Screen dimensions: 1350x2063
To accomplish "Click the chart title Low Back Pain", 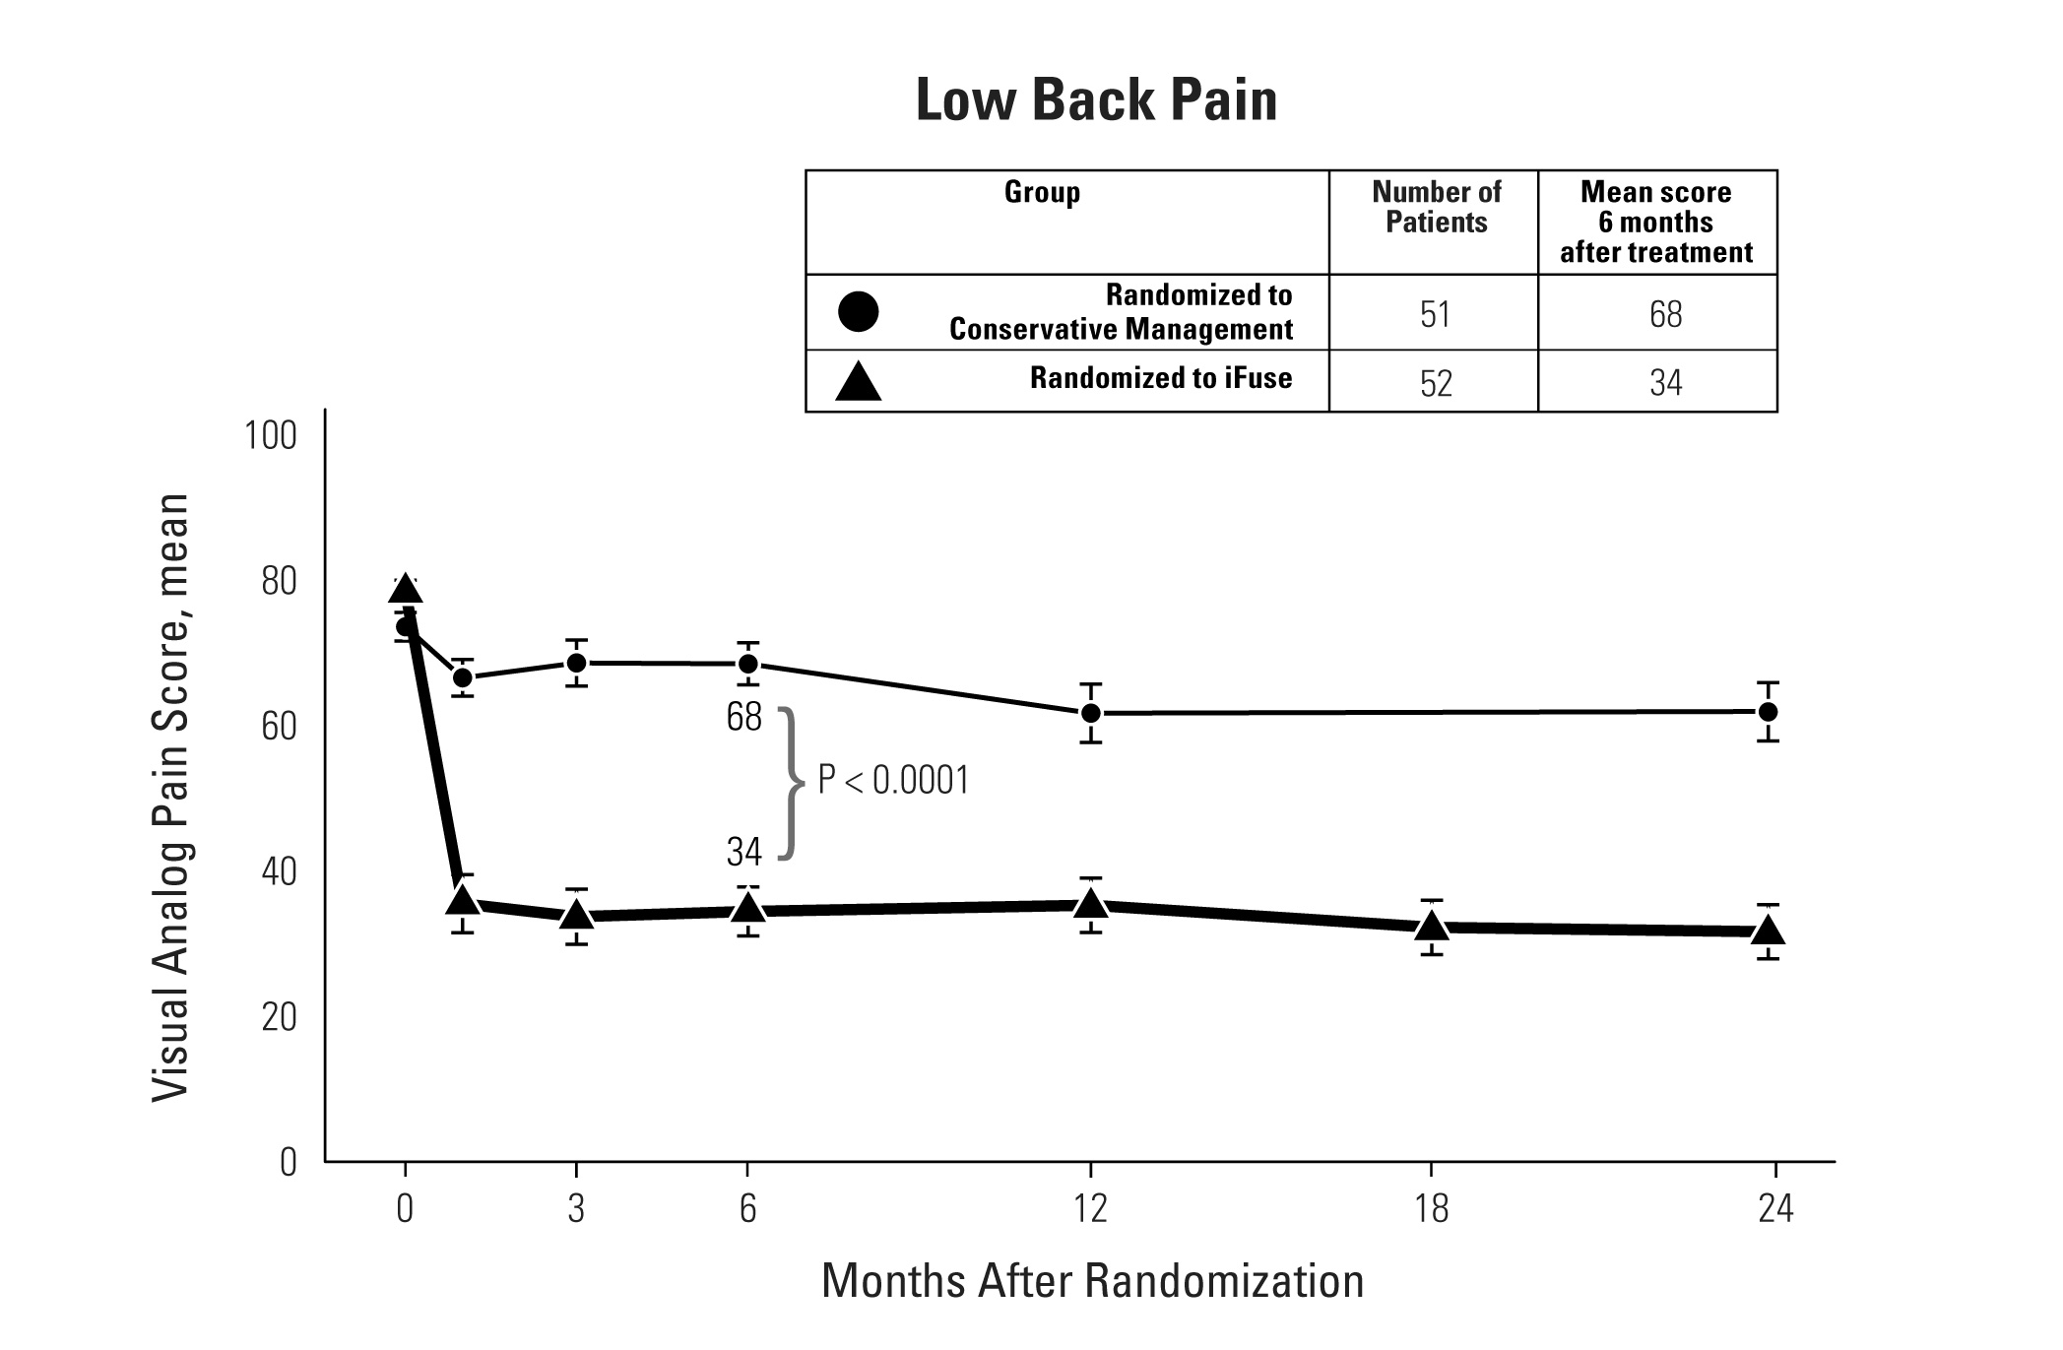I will (1096, 100).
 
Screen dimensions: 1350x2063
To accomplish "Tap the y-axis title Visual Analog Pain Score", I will (170, 798).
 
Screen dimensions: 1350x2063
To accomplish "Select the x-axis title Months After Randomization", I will (1092, 1281).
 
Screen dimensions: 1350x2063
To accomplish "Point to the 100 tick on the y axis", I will (270, 435).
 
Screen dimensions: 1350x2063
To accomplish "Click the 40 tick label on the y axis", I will (279, 871).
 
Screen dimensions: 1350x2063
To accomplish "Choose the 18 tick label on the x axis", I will (1431, 1208).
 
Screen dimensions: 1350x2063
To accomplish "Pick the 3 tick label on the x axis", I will (576, 1208).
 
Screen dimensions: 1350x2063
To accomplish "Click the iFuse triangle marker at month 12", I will (1090, 903).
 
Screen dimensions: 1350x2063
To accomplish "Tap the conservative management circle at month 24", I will (1768, 711).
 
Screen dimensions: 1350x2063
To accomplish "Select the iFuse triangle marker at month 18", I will (1432, 926).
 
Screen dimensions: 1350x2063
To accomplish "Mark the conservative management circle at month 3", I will (577, 663).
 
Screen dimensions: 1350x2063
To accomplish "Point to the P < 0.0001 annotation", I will (893, 781).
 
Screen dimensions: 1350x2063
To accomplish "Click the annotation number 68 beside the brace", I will (744, 717).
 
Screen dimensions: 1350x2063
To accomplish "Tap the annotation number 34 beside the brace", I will (744, 852).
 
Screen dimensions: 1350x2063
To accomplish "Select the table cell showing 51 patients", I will (1434, 314).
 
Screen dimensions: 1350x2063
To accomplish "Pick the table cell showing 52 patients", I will (1435, 382).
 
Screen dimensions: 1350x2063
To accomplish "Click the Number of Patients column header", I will (1436, 207).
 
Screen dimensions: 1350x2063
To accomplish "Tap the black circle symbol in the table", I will (858, 311).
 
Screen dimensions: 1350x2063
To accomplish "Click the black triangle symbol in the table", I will (858, 382).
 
